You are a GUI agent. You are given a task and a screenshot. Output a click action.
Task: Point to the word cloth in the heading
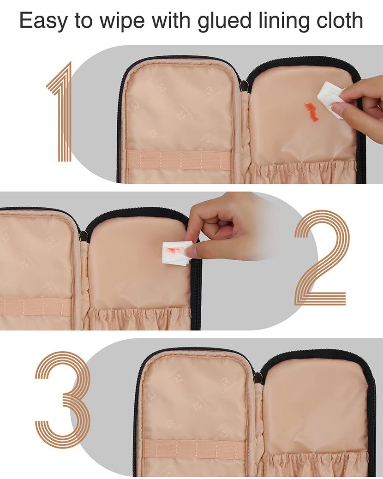point(340,21)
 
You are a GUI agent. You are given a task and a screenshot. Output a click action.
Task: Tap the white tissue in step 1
point(331,98)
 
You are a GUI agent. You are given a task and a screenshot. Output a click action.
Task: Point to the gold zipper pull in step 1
point(245,85)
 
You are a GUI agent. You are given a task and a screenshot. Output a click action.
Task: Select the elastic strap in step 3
point(194,447)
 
